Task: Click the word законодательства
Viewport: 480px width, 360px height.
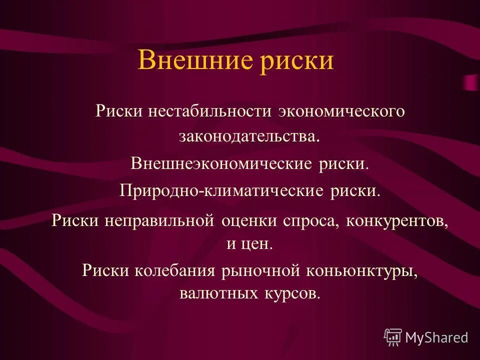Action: [x=248, y=136]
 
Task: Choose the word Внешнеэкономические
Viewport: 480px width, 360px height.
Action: [x=221, y=163]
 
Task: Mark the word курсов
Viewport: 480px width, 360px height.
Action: [x=289, y=292]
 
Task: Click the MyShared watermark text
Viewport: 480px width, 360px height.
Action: [x=436, y=337]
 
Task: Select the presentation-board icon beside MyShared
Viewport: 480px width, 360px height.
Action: [x=393, y=337]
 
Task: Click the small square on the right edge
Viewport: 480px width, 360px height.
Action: [x=470, y=82]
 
